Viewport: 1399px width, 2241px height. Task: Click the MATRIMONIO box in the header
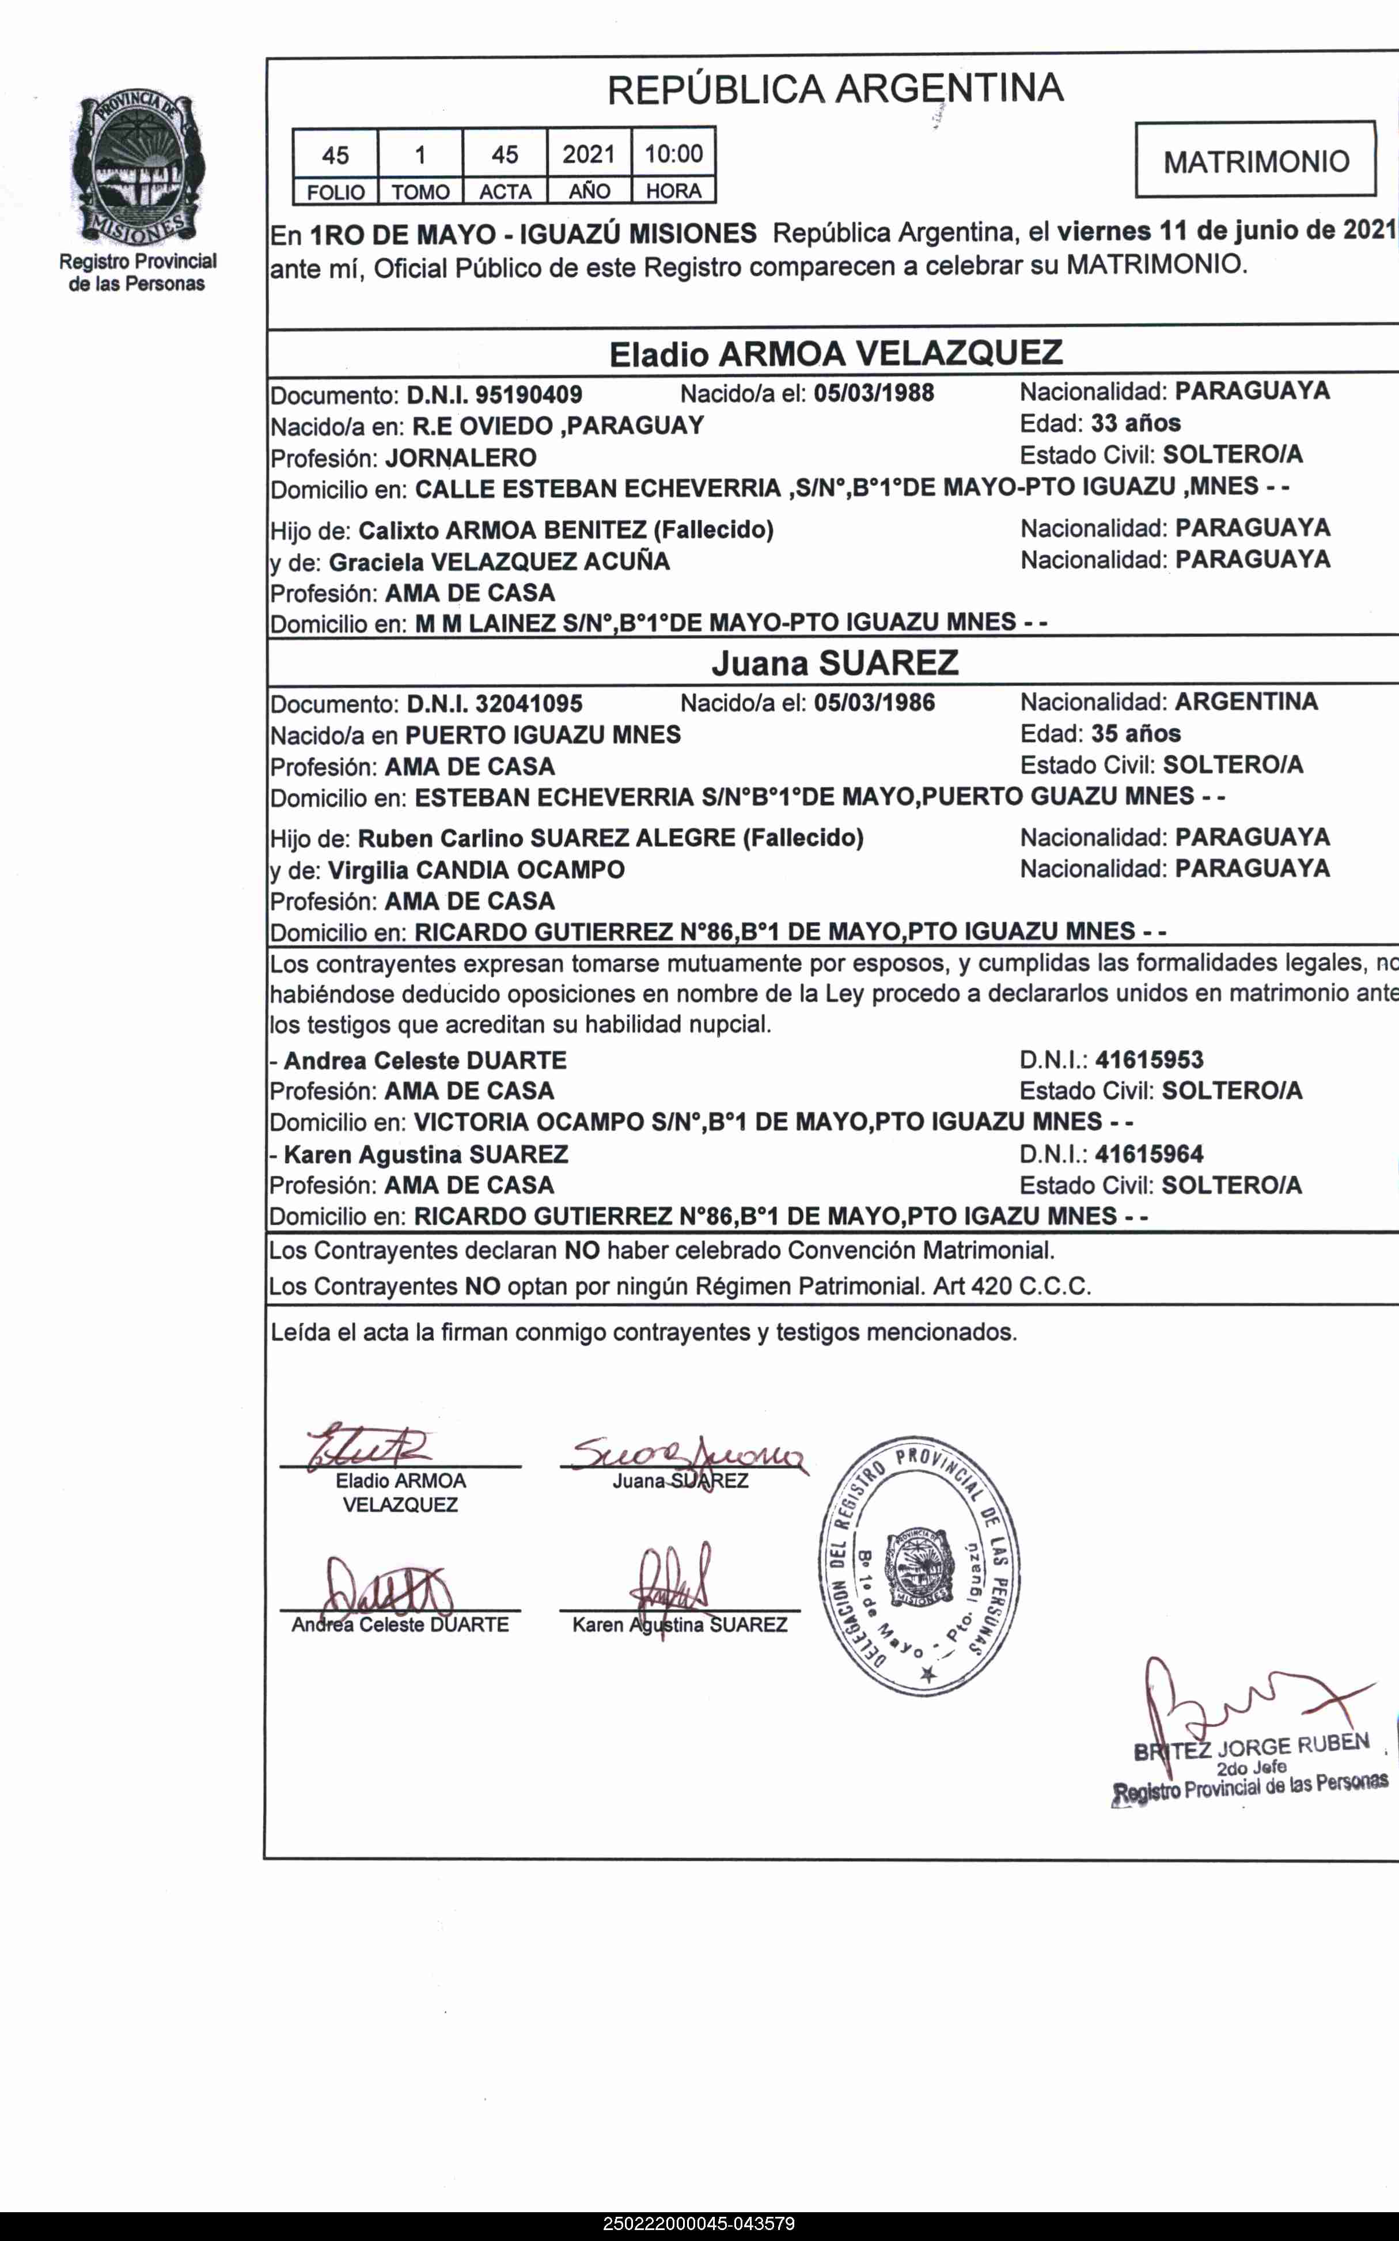(1256, 161)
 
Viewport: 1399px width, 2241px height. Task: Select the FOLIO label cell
(335, 191)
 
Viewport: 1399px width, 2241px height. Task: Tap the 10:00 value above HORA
(674, 154)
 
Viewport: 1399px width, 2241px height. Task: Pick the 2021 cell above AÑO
(589, 154)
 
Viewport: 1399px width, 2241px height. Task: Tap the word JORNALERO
(461, 458)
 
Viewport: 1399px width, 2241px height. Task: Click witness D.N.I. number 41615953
(1148, 1059)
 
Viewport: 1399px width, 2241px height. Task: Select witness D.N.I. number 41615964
(1148, 1154)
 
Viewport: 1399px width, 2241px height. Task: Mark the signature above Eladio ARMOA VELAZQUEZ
(370, 1446)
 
